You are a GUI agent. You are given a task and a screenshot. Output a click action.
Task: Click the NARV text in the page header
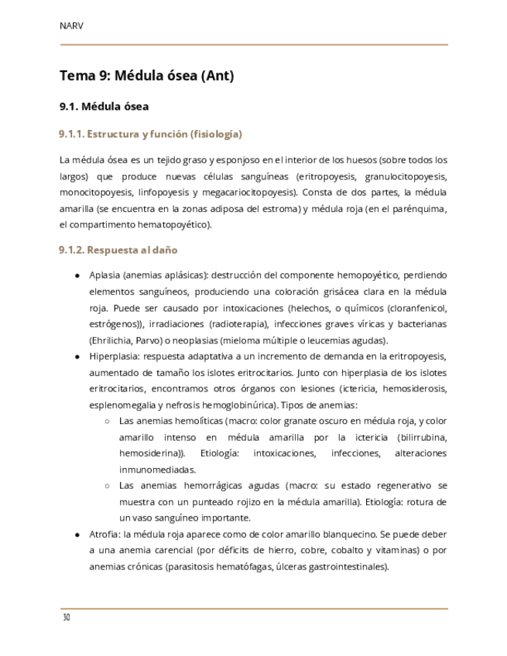(71, 26)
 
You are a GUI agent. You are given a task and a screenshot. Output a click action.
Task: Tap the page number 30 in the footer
(66, 618)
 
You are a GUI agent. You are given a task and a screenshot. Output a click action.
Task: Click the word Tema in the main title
(76, 76)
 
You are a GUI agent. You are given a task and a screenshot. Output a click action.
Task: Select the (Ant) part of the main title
(218, 76)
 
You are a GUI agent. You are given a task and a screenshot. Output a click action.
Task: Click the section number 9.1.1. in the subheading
(71, 135)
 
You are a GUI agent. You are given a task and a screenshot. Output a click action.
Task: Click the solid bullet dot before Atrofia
(77, 535)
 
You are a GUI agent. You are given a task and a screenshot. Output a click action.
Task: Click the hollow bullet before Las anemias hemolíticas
(107, 422)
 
